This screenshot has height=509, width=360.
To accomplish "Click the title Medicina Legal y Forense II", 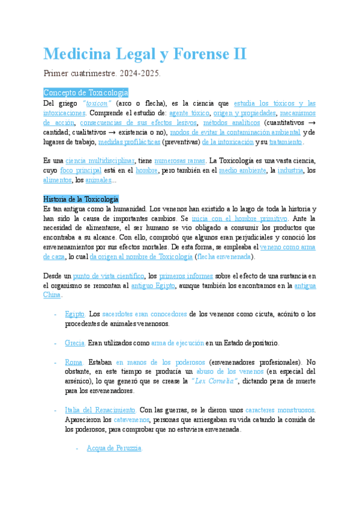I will tap(145, 54).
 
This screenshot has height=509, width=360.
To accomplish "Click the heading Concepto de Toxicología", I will tap(86, 92).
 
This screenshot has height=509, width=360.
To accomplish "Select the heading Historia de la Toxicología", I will tap(81, 199).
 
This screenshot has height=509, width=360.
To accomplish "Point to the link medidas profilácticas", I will tap(125, 142).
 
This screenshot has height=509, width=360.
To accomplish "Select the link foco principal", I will tap(85, 170).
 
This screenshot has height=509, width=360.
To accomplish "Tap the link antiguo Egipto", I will tap(153, 286).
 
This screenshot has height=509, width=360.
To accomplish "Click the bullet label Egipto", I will tap(74, 314).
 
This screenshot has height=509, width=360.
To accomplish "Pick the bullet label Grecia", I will tap(74, 343).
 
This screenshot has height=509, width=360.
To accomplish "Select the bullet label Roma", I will tap(74, 362).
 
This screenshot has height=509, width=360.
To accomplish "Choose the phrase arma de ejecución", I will tap(178, 343).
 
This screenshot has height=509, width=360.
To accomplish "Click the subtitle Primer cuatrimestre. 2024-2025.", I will tap(102, 74).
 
